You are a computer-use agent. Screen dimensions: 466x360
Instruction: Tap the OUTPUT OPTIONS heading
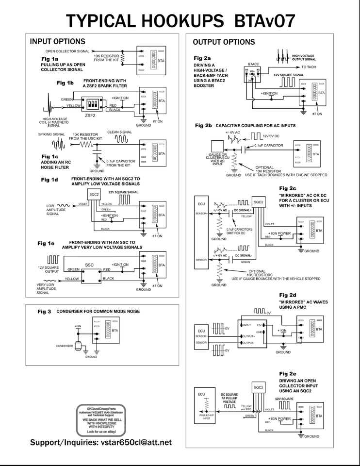pos(224,42)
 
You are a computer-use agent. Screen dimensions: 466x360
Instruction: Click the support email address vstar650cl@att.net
pos(101,443)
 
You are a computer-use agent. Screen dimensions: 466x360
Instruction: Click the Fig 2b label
pos(203,125)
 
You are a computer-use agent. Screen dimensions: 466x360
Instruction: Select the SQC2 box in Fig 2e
pos(258,386)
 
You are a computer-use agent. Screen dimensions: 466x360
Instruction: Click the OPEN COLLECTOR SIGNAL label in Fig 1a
pos(67,50)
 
